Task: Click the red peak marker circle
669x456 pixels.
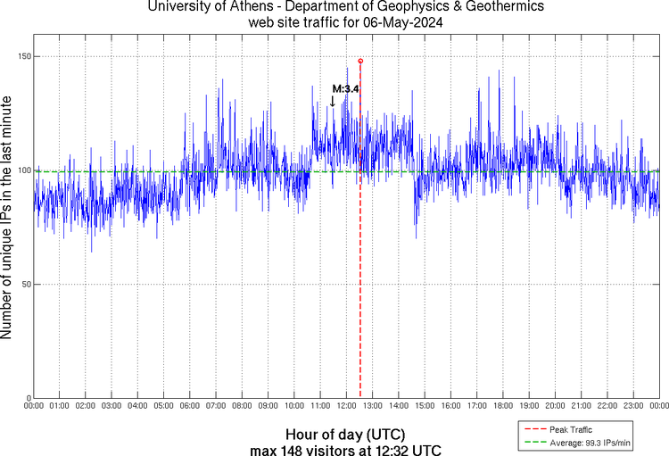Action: [x=360, y=61]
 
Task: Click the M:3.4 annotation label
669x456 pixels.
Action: [x=345, y=89]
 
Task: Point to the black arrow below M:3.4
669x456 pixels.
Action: [x=333, y=101]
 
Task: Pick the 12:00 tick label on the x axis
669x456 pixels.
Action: [x=346, y=406]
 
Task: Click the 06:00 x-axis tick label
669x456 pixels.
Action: [x=190, y=406]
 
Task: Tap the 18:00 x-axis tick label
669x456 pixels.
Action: [x=503, y=406]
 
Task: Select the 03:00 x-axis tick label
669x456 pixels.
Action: [x=111, y=406]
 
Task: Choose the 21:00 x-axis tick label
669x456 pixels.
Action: [x=582, y=406]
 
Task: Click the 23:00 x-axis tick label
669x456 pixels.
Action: [x=633, y=406]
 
